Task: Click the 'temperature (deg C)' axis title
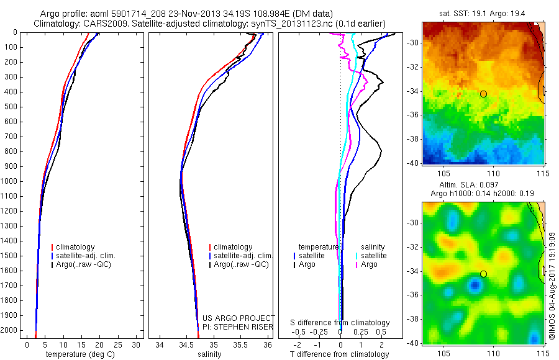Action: click(x=81, y=354)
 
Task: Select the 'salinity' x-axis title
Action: click(x=210, y=354)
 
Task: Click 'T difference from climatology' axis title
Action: click(x=339, y=354)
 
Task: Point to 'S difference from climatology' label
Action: click(x=340, y=323)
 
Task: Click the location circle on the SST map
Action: click(x=483, y=94)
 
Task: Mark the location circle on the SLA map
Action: click(x=483, y=274)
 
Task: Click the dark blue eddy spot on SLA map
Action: click(x=475, y=286)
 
